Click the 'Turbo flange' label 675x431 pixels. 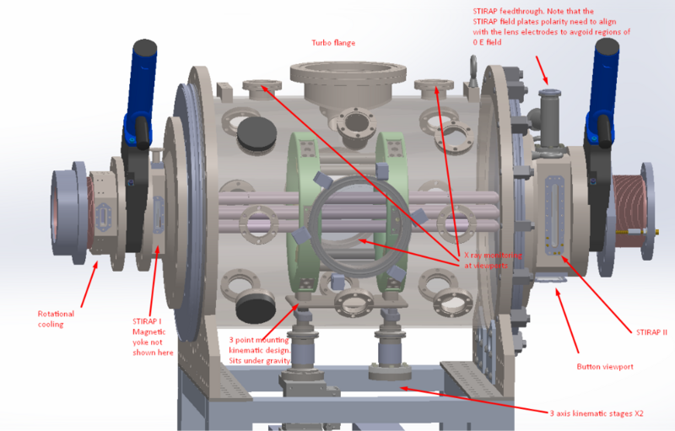pos(333,43)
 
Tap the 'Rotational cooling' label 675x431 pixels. pos(56,319)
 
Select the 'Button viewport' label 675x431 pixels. pos(605,367)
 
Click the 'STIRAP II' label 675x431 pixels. pos(651,332)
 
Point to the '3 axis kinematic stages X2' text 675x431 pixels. pos(597,414)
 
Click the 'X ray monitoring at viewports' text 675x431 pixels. pos(493,261)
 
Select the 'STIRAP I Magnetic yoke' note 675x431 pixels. pos(153,337)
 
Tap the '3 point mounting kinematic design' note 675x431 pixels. pos(260,350)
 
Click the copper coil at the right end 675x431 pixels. pos(629,211)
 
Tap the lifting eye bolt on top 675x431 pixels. pos(473,69)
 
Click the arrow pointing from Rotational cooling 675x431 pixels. pos(89,284)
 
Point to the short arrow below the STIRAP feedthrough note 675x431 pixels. pos(542,70)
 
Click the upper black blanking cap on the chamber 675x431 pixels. pos(257,133)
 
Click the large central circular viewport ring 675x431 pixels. pos(312,227)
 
